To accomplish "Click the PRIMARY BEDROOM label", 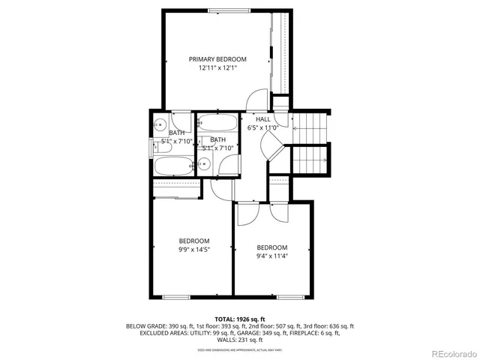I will [x=217, y=58].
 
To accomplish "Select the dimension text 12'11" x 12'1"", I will [x=217, y=68].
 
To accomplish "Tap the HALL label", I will [x=262, y=119].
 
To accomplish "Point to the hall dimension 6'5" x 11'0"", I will [x=262, y=128].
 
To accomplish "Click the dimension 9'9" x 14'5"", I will [x=193, y=249].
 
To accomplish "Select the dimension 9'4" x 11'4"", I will [x=271, y=256].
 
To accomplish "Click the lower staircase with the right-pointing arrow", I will [x=310, y=159].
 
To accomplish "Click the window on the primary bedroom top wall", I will [x=240, y=10].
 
